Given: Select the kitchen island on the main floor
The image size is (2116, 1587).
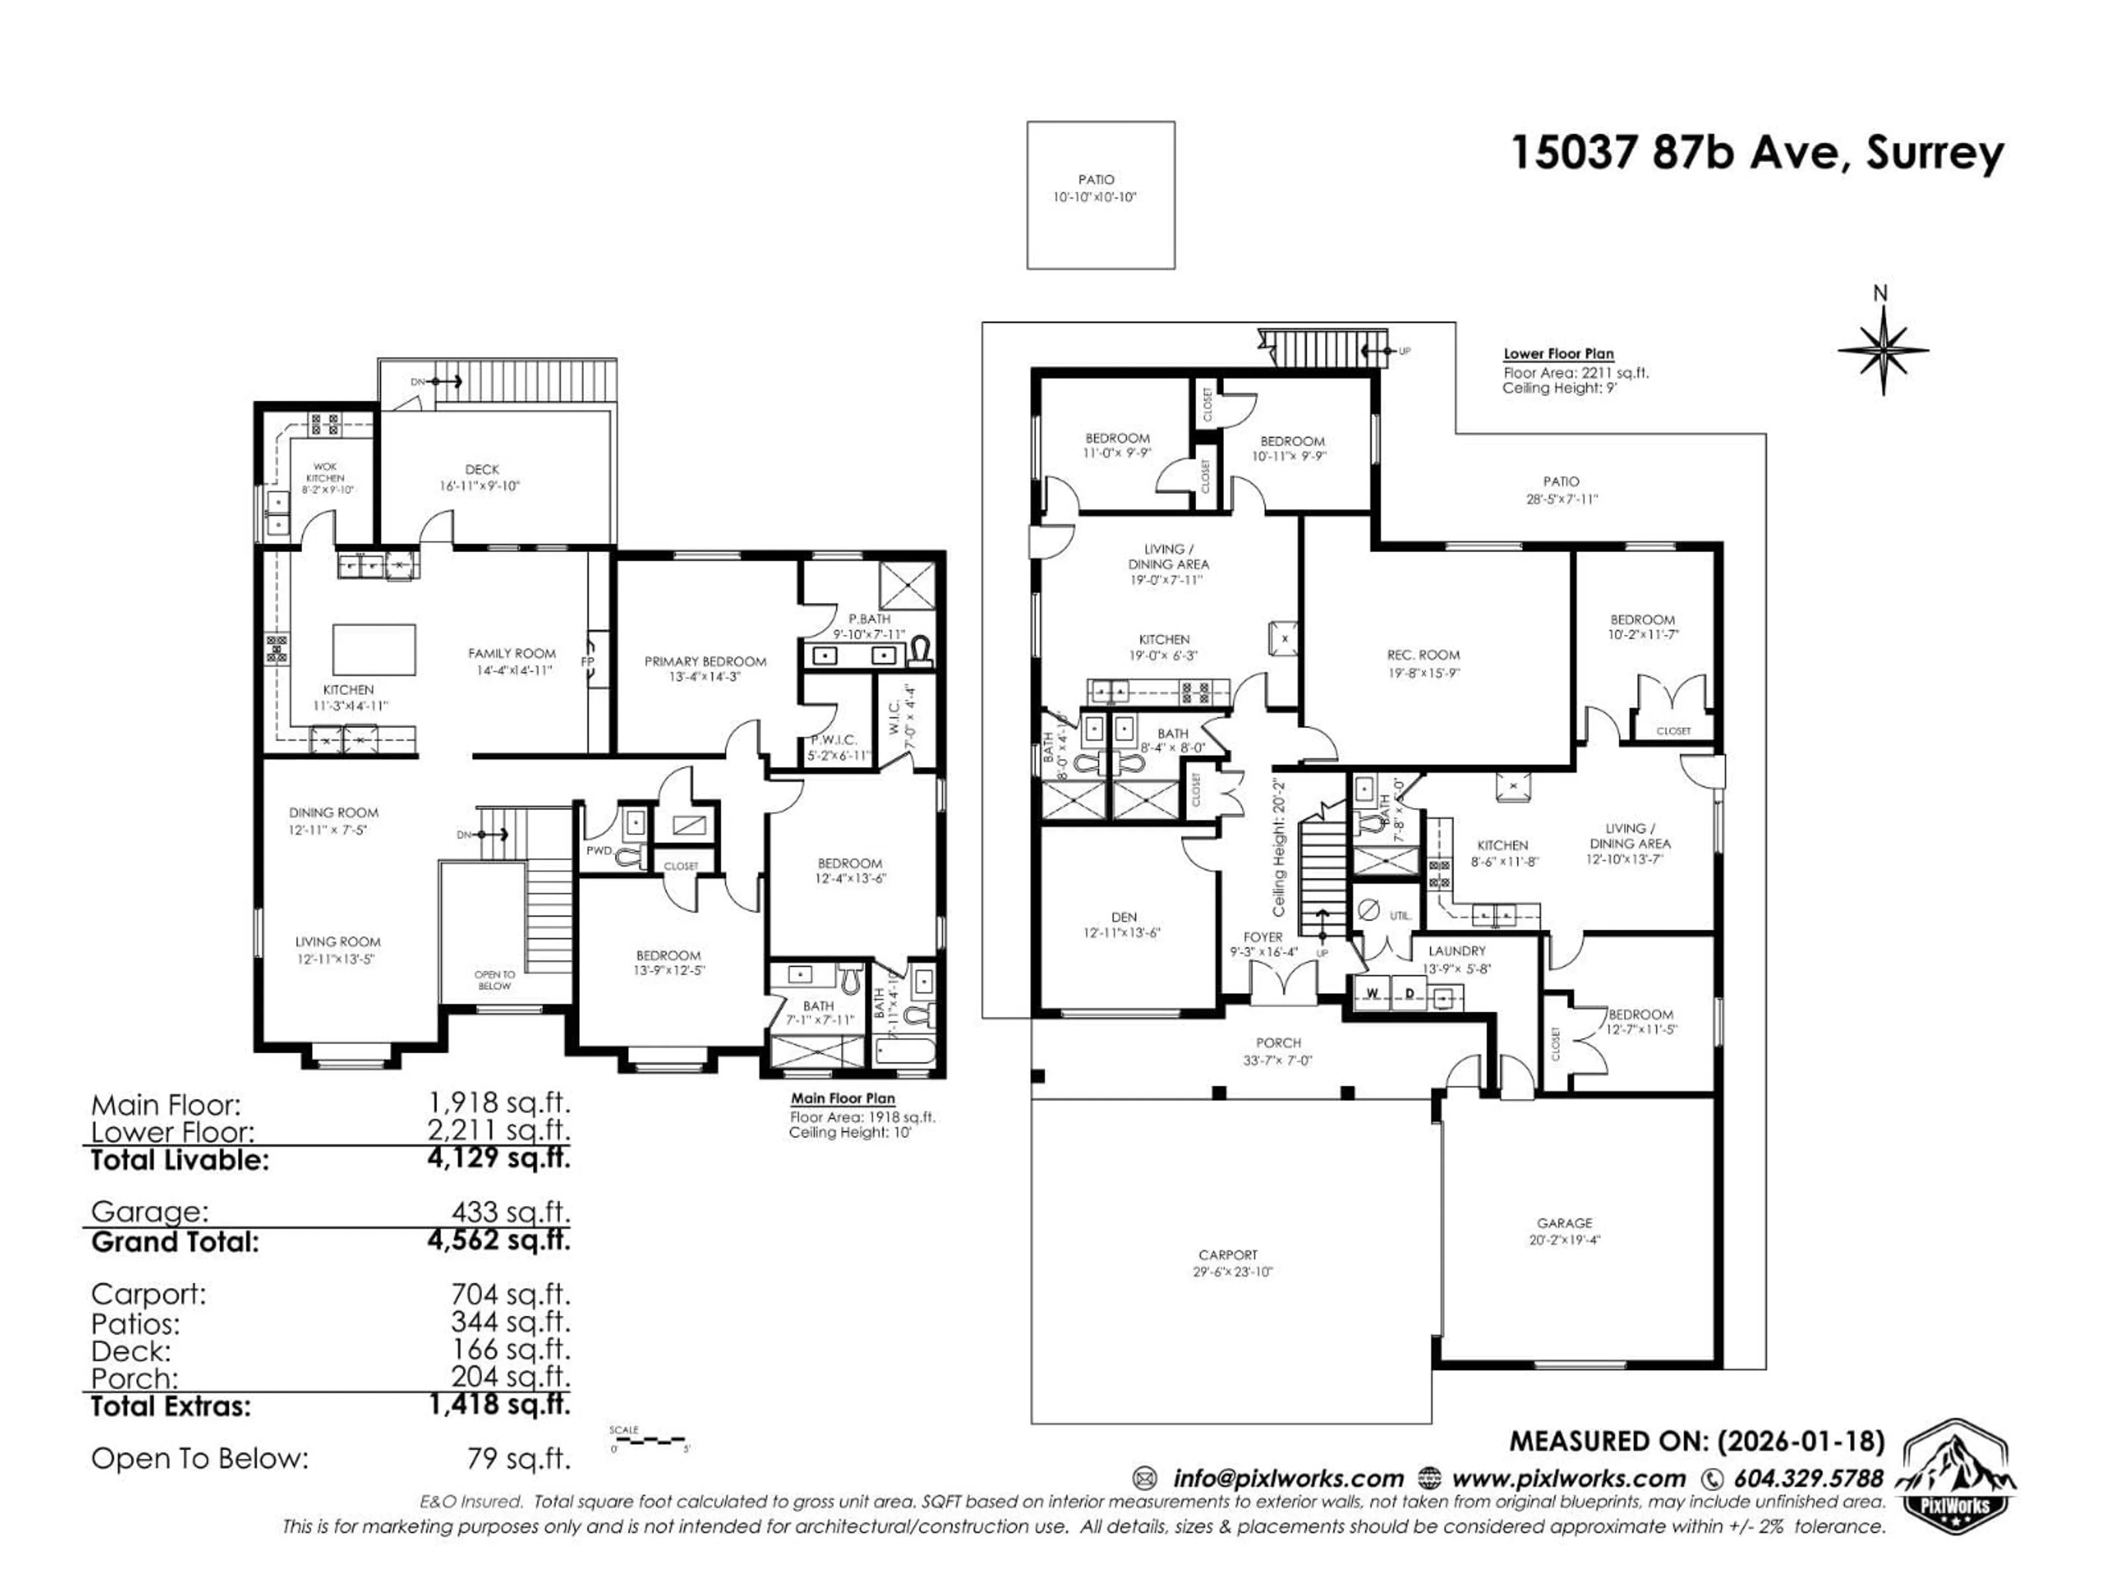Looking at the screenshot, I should point(374,650).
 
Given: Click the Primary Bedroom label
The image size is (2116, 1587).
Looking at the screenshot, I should point(705,661).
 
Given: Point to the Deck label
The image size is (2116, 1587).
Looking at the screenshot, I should point(482,469).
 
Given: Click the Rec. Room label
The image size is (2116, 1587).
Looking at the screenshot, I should point(1423,655).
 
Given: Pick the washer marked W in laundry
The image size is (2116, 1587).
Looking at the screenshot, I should point(1373,993).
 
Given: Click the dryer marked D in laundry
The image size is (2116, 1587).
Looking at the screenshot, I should point(1409,993).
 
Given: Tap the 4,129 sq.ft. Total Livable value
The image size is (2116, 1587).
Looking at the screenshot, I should point(498,1158).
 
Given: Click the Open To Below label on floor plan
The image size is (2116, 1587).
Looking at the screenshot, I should point(495,980).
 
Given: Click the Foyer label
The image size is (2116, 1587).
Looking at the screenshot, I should point(1263,937).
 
